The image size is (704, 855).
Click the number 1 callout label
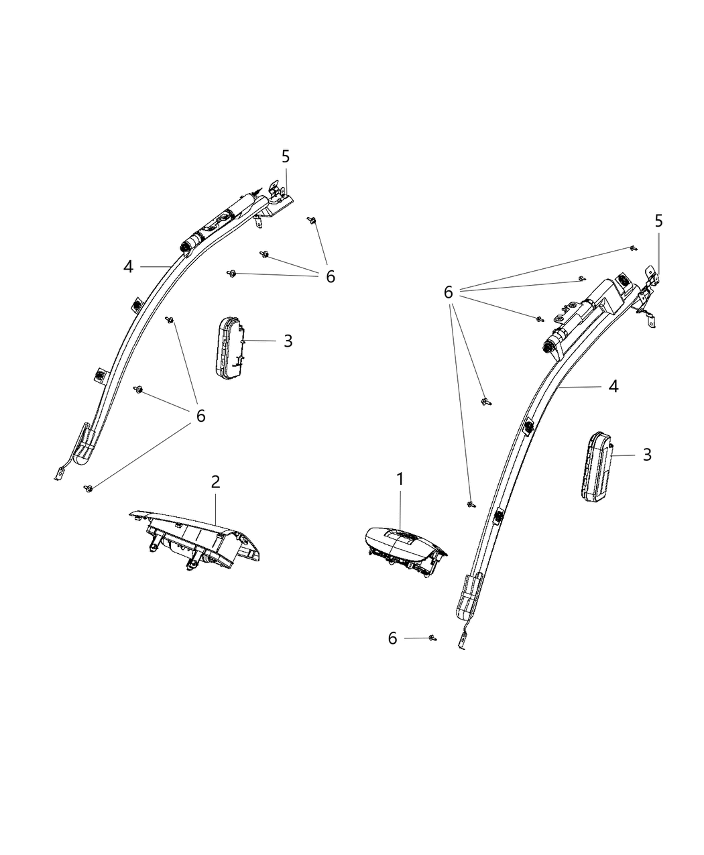400,479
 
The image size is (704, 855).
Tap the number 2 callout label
215,481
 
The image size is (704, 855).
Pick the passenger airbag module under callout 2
194,539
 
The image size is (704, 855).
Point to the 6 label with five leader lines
448,292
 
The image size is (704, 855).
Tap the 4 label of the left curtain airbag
128,267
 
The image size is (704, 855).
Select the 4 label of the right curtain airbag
613,386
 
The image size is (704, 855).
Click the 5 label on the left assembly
286,156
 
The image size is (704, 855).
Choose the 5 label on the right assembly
658,221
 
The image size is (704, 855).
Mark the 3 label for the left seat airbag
288,341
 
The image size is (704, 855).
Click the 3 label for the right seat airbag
647,455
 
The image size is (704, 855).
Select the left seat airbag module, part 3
230,348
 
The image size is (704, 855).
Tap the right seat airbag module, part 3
597,465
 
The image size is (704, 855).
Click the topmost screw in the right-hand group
634,247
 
